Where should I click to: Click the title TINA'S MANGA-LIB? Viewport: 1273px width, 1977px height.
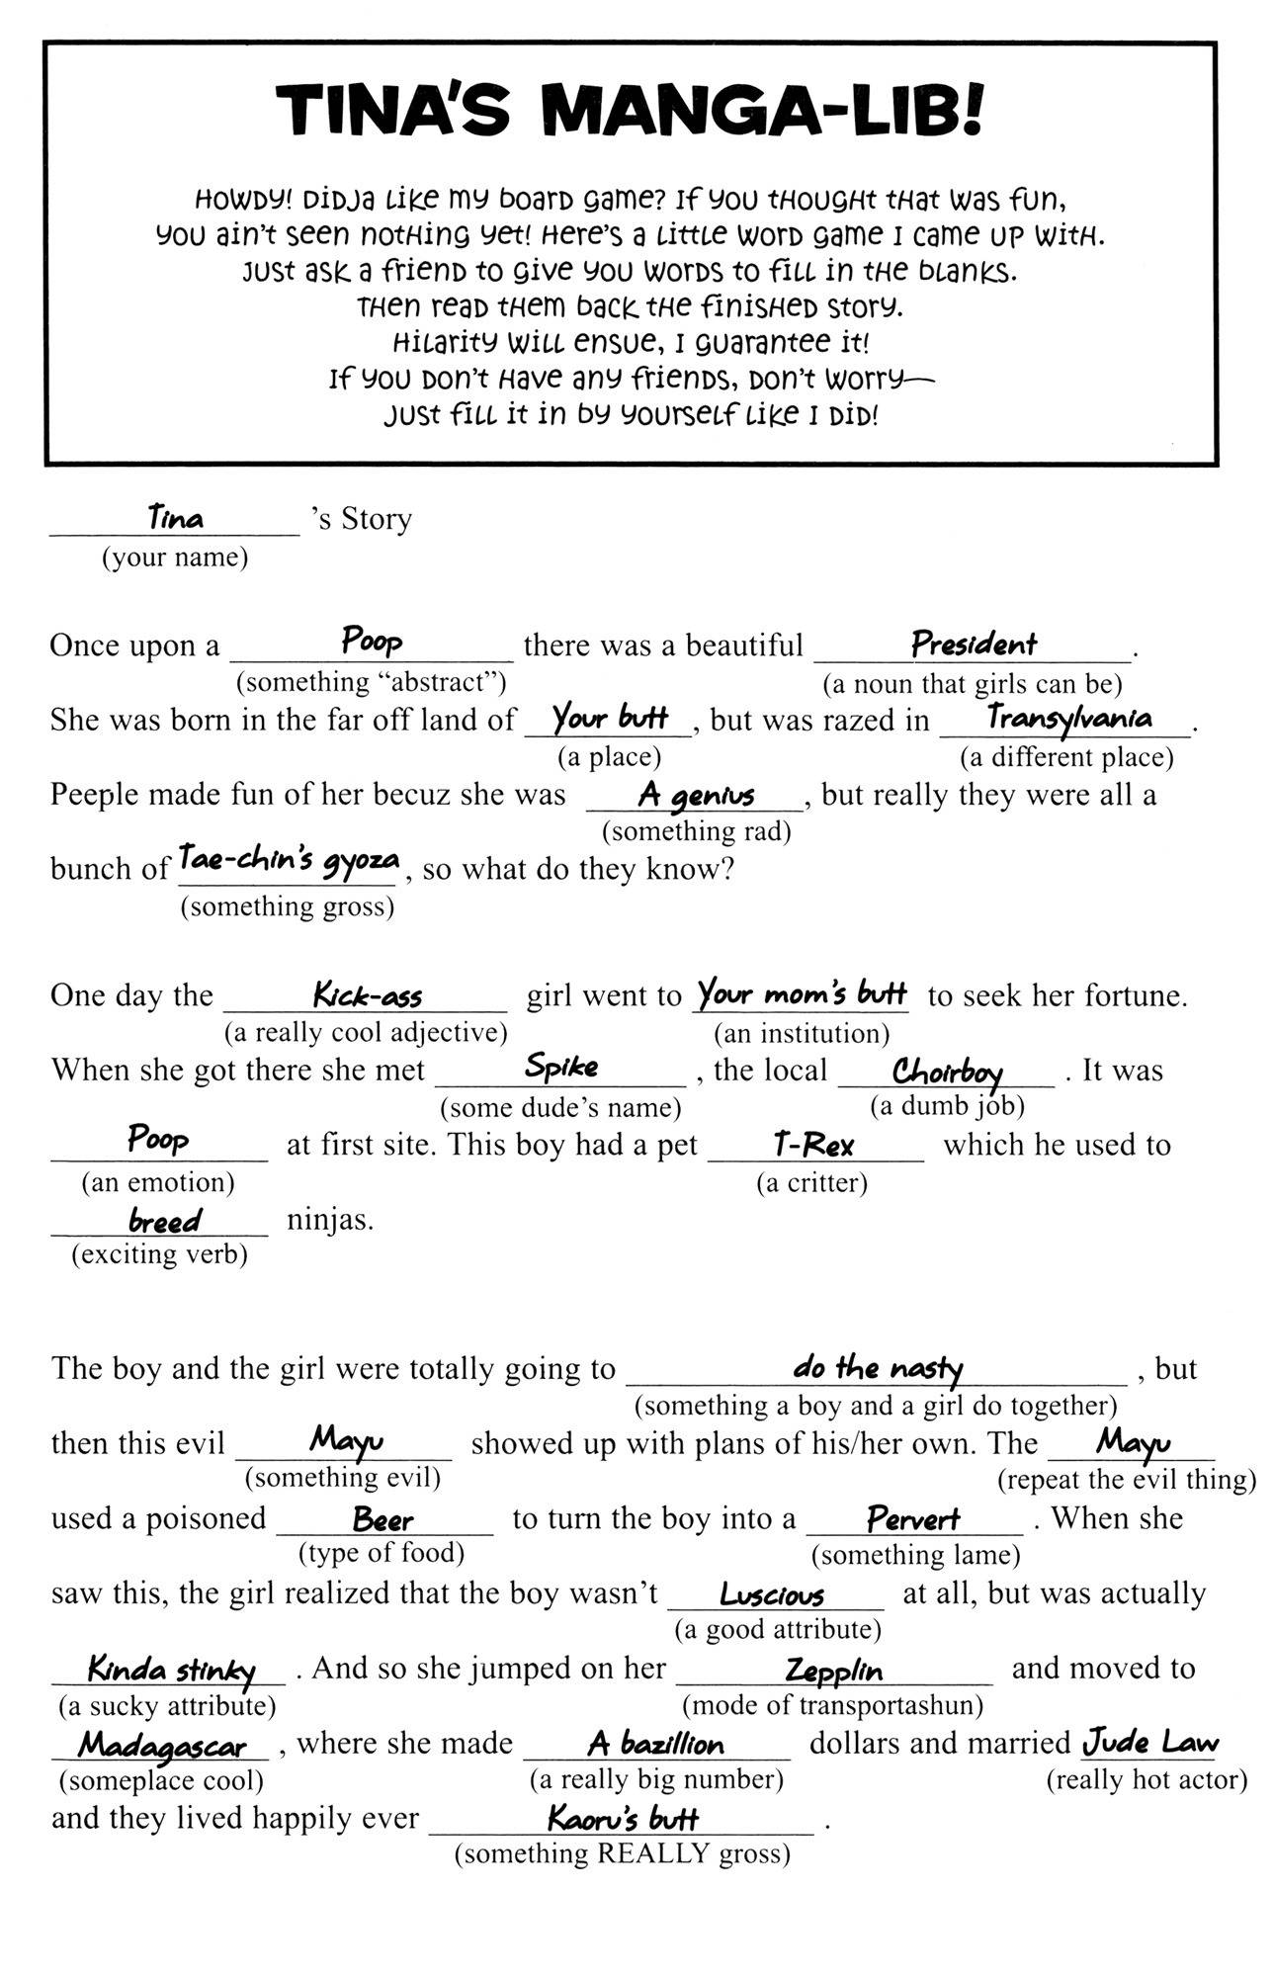point(630,111)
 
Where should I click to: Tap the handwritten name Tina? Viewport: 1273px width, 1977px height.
point(175,517)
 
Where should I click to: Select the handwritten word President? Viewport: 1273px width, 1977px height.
point(974,645)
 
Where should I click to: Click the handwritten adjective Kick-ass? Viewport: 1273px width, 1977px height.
point(368,994)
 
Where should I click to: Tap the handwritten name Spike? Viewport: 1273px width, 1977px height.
point(561,1067)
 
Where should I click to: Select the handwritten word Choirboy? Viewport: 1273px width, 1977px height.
point(947,1072)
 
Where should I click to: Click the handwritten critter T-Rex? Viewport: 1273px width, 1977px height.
point(813,1146)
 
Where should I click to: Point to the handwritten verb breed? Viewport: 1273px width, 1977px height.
point(164,1222)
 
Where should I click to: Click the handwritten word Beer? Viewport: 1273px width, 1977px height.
point(382,1519)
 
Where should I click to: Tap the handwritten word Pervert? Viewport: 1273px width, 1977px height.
point(912,1518)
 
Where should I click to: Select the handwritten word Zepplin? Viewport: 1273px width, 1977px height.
point(833,1671)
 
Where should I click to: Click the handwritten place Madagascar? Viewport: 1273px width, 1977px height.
point(162,1747)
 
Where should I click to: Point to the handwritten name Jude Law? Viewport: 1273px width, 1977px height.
point(1150,1742)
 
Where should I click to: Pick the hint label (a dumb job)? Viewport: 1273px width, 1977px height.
point(947,1106)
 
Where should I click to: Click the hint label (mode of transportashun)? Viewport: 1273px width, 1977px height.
point(832,1705)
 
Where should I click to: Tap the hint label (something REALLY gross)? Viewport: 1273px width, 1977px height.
point(622,1853)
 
